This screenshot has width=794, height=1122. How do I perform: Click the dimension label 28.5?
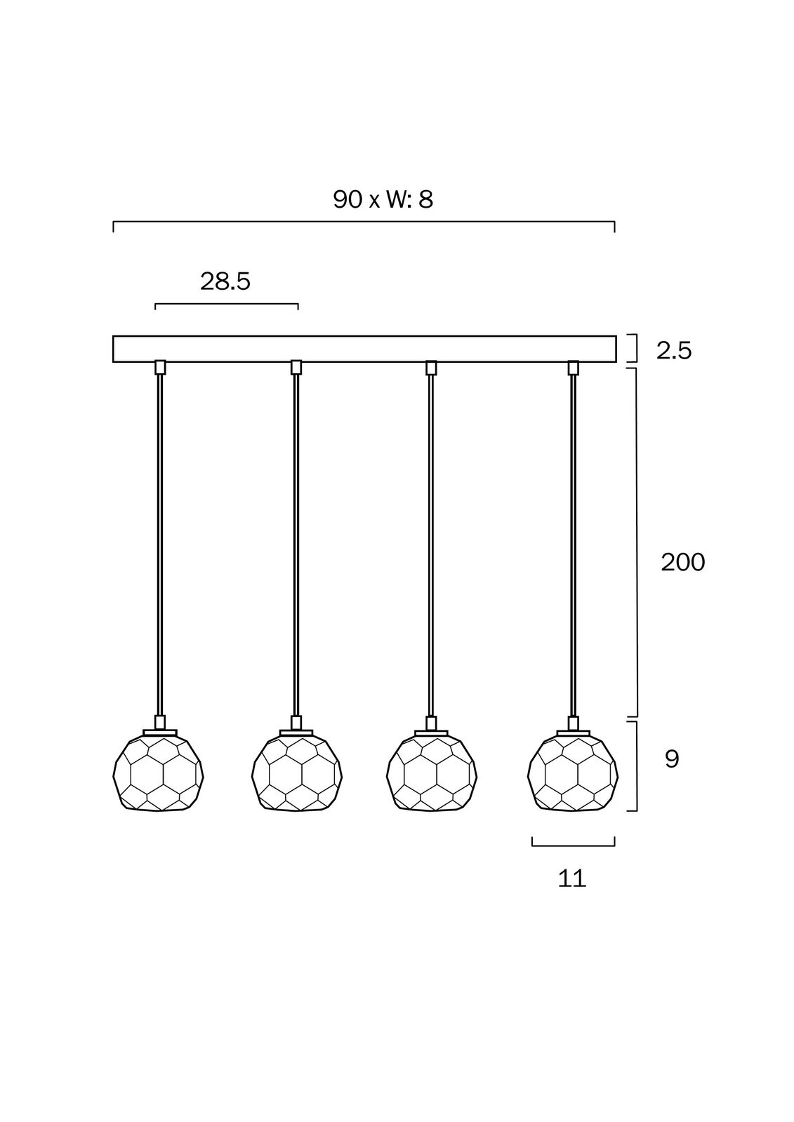click(225, 281)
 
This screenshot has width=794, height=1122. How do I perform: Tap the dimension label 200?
click(682, 562)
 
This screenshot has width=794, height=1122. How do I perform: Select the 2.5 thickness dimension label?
click(674, 350)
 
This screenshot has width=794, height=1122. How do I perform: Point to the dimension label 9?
click(672, 759)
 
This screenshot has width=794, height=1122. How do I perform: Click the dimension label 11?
click(572, 878)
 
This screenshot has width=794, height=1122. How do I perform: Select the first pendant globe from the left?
click(159, 773)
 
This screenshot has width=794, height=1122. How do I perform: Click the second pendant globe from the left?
click(297, 773)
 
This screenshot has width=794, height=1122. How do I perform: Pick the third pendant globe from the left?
click(432, 773)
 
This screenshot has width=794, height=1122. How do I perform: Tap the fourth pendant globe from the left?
click(573, 773)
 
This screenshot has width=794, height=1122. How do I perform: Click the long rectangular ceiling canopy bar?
click(364, 349)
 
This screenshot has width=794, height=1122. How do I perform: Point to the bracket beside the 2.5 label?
click(635, 349)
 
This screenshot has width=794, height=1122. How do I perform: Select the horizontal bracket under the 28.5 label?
click(226, 305)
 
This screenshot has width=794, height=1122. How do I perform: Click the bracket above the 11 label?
click(573, 844)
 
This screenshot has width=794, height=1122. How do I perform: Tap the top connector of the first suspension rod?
click(160, 367)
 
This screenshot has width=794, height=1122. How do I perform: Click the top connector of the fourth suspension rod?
click(574, 367)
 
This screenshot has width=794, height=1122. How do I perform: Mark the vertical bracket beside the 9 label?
click(635, 766)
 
